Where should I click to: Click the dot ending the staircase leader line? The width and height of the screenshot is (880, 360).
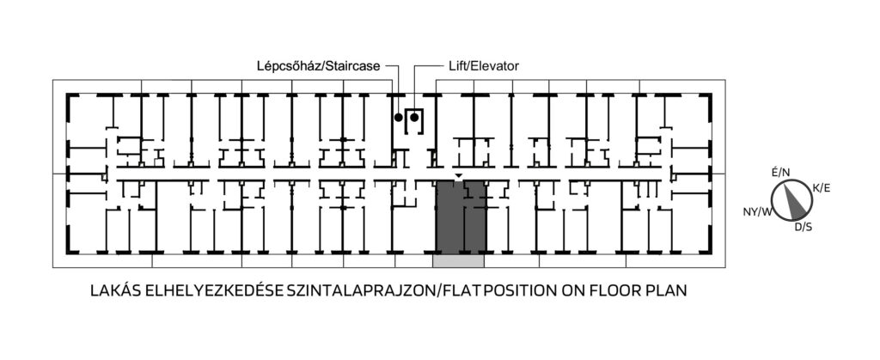399,117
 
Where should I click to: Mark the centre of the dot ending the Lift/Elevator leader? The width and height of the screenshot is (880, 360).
414,117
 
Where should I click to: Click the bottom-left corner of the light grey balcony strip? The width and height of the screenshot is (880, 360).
433,266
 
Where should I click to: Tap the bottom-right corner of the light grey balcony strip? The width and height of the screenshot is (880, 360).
484,266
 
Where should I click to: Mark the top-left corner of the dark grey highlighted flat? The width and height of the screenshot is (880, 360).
437,181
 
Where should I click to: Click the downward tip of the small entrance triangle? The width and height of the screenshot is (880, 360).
459,179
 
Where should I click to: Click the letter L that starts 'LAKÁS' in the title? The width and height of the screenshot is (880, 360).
95,291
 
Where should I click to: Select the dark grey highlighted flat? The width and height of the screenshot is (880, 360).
461,217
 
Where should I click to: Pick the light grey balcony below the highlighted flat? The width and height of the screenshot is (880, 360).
458,260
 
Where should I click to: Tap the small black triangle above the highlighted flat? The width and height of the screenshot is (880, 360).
459,177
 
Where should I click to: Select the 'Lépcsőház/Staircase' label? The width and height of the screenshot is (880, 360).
319,66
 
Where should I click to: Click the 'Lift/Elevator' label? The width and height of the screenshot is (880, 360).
484,66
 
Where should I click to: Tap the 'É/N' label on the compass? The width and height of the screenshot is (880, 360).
780,173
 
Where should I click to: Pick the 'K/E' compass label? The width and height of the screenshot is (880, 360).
821,188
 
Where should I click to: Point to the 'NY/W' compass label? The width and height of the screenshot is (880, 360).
757,212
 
